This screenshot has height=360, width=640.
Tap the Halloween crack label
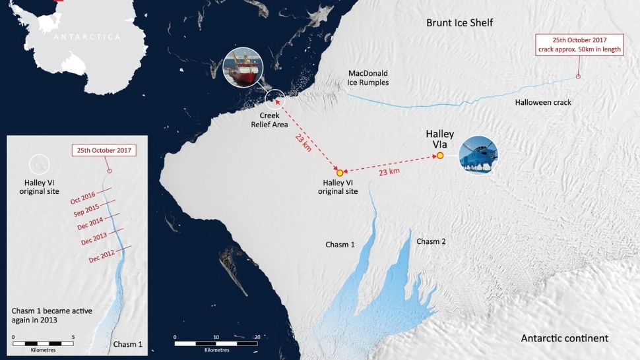[x=543, y=102]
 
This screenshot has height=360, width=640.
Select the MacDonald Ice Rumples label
[x=368, y=78]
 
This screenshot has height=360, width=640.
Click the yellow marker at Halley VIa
[x=439, y=156]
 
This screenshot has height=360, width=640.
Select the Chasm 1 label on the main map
[x=340, y=245]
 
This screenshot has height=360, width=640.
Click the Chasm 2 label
[x=431, y=241]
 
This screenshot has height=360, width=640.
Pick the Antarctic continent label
[x=564, y=338]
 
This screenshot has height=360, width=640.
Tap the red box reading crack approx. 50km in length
[x=579, y=45]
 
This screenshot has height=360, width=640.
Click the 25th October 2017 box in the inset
[x=103, y=150]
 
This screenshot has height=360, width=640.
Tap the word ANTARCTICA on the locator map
[x=88, y=38]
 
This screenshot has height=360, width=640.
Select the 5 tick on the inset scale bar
[x=73, y=337]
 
